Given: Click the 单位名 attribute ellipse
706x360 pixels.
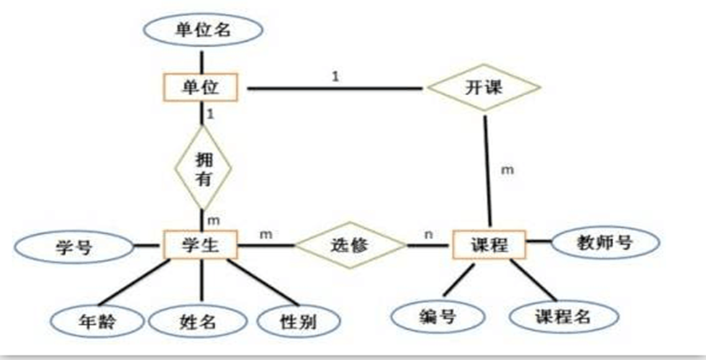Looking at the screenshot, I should click(202, 30).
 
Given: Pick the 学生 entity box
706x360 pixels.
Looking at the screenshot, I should click(201, 246).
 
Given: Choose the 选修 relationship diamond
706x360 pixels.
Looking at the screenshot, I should click(350, 246).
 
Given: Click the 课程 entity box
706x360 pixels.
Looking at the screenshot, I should click(489, 246).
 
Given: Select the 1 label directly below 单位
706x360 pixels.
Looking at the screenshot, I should click(210, 114).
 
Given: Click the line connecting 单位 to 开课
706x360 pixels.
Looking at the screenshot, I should click(335, 89).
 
